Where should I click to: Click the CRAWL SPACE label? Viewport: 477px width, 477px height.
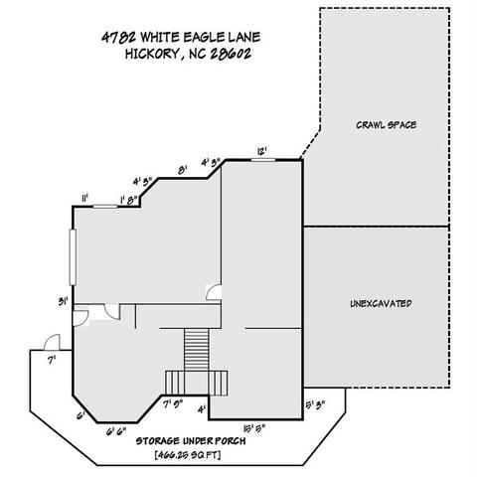point(387,125)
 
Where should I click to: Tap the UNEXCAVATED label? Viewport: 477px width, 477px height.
point(381,303)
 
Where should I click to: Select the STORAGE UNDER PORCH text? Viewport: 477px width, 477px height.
point(191,441)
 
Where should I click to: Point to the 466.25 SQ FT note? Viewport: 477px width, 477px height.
point(188,455)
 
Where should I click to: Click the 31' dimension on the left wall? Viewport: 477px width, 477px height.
point(64,301)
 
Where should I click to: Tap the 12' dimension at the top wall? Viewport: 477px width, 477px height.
point(262,152)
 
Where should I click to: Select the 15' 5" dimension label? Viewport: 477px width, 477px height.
point(254,429)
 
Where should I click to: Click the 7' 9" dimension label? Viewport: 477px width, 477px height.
point(174,404)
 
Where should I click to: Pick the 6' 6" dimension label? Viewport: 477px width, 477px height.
point(116,431)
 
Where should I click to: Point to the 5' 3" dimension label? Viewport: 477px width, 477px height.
point(316,404)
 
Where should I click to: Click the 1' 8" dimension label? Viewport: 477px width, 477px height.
point(129,200)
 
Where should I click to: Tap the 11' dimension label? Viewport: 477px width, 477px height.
point(84,198)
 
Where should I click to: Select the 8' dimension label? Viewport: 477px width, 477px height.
point(183,170)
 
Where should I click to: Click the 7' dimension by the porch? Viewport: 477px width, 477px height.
point(51,360)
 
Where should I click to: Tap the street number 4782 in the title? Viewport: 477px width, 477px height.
point(118,37)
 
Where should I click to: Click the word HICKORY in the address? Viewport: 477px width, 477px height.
point(152,53)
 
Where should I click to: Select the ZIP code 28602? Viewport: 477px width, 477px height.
point(231,54)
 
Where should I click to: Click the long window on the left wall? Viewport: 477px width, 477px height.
point(73,257)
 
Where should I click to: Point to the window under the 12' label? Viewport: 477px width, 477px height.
point(263,160)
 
